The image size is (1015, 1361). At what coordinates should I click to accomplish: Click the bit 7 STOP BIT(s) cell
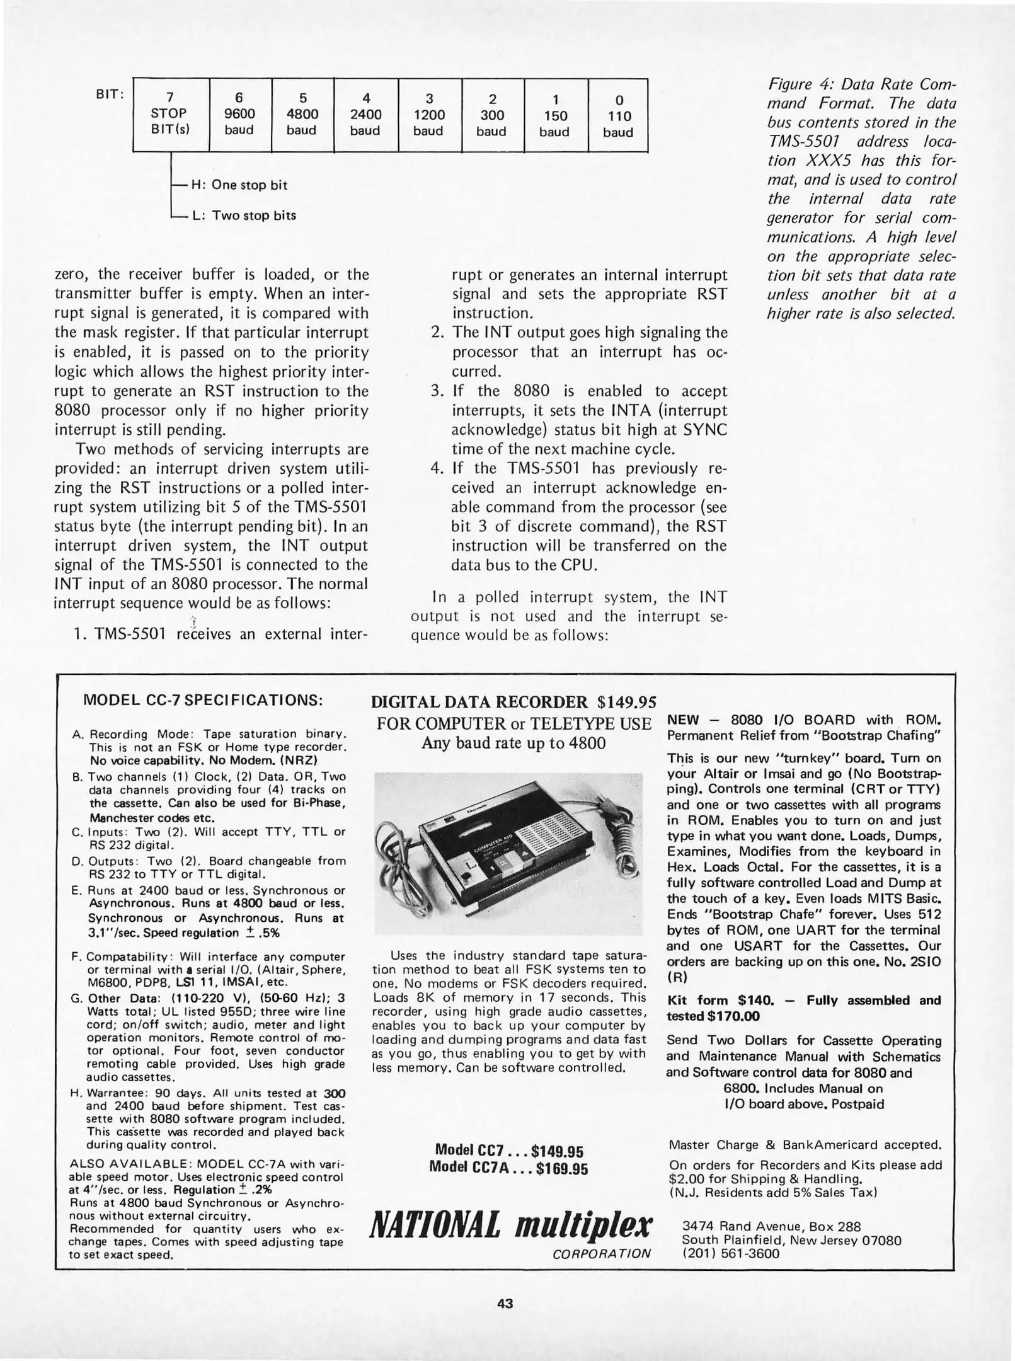pyautogui.click(x=170, y=114)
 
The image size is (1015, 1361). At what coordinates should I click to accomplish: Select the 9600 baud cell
pyautogui.click(x=239, y=114)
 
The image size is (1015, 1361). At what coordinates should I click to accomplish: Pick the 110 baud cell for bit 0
pyautogui.click(x=617, y=116)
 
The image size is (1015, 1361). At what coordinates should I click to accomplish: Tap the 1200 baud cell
pyautogui.click(x=429, y=115)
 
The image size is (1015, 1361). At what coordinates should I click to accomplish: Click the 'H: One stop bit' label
pyautogui.click(x=239, y=185)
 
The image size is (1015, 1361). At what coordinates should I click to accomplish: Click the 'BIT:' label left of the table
pyautogui.click(x=109, y=95)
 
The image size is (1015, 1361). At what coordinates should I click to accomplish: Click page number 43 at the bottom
pyautogui.click(x=505, y=1302)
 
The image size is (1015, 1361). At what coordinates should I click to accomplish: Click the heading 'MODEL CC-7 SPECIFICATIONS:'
pyautogui.click(x=204, y=701)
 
